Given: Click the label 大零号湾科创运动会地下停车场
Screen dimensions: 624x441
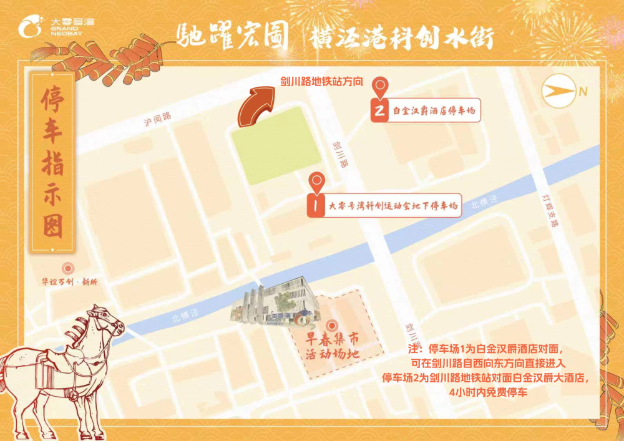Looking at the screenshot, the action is pyautogui.click(x=393, y=205).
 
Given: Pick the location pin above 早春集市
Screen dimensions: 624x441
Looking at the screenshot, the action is pyautogui.click(x=331, y=326).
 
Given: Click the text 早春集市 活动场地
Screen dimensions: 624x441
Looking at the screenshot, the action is pyautogui.click(x=331, y=347).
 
